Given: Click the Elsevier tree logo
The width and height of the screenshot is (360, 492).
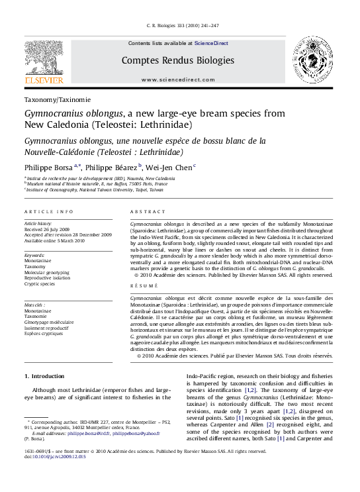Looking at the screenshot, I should tap(45, 58).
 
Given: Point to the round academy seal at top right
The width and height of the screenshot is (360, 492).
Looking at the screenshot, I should tap(314, 60).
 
